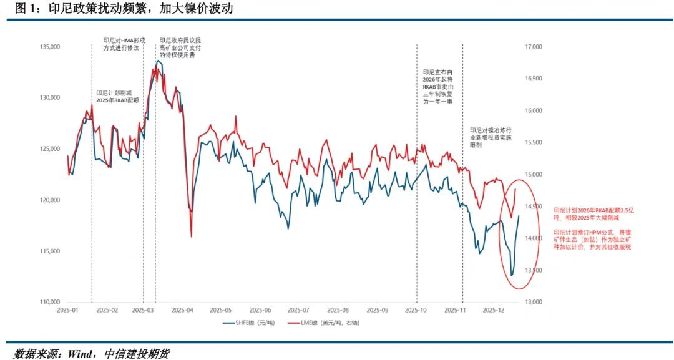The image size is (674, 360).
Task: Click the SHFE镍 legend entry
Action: tap(248, 323)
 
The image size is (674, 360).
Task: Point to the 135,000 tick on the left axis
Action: tap(49, 47)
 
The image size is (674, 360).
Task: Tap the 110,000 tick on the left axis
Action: tap(49, 302)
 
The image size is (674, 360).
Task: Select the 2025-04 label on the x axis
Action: tap(183, 310)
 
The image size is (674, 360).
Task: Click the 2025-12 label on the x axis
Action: tap(494, 310)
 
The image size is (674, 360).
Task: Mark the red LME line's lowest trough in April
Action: tap(191, 236)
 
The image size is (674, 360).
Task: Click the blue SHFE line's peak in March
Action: tap(157, 61)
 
